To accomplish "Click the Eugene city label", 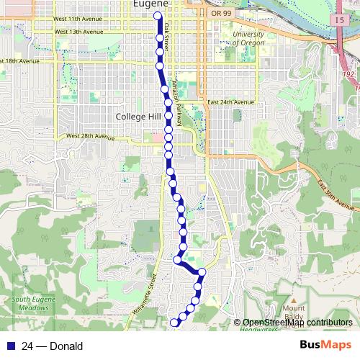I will (150, 4).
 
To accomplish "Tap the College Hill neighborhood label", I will (139, 115).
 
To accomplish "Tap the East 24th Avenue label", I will (231, 103).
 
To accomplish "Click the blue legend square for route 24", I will (10, 346).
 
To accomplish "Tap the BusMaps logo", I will (325, 346).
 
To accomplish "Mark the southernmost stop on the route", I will (174, 323).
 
